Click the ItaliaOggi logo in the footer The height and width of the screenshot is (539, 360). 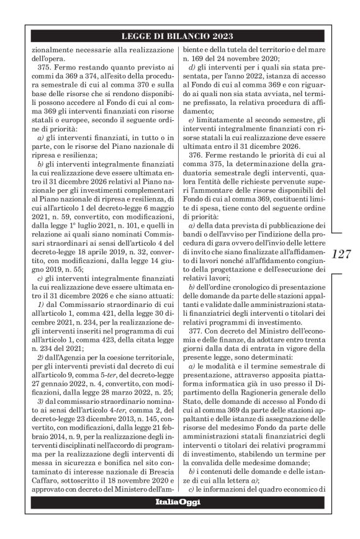pos(178,519)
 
